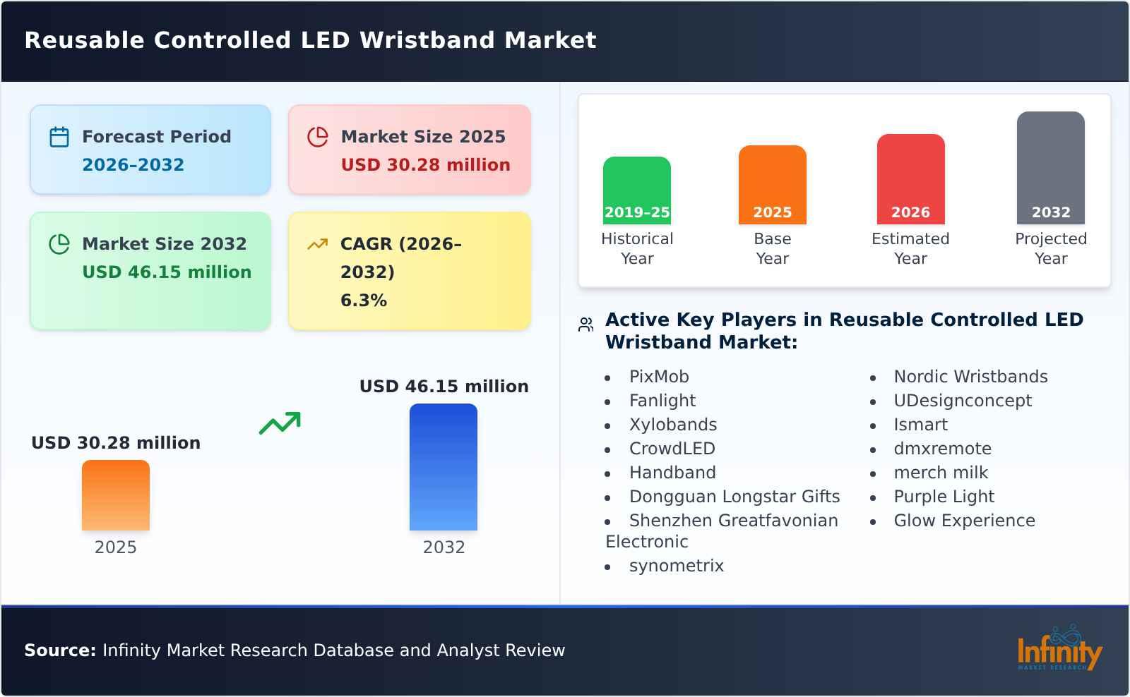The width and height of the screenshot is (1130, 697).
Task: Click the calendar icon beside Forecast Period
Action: click(59, 137)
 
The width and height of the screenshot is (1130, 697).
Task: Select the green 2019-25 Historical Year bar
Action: click(636, 190)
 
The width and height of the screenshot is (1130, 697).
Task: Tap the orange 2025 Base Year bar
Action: click(772, 185)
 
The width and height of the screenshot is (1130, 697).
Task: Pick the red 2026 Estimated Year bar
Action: click(910, 179)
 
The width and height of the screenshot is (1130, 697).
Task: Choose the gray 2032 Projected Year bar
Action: click(1050, 168)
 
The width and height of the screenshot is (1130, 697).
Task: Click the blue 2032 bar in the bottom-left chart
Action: click(444, 467)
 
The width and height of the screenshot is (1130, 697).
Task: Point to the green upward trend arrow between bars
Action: click(280, 423)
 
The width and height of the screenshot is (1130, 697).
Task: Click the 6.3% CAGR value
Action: click(364, 301)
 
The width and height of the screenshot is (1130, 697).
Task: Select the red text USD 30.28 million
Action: click(425, 165)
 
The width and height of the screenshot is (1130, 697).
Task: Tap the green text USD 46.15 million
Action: click(167, 272)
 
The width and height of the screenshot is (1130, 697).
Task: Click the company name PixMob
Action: click(659, 377)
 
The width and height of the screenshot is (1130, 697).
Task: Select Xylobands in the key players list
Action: click(673, 425)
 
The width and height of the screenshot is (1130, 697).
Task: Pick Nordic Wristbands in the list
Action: click(970, 377)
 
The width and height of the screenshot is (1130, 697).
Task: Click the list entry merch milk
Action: click(941, 473)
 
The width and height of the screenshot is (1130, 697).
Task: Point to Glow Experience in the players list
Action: click(964, 521)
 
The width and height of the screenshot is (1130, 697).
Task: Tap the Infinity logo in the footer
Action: click(1059, 649)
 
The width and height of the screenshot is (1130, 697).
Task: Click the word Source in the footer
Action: click(59, 650)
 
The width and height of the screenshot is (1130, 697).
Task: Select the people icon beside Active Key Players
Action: click(585, 325)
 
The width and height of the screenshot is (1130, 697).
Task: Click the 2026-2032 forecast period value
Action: click(133, 165)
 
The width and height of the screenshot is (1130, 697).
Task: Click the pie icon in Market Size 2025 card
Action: click(318, 137)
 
